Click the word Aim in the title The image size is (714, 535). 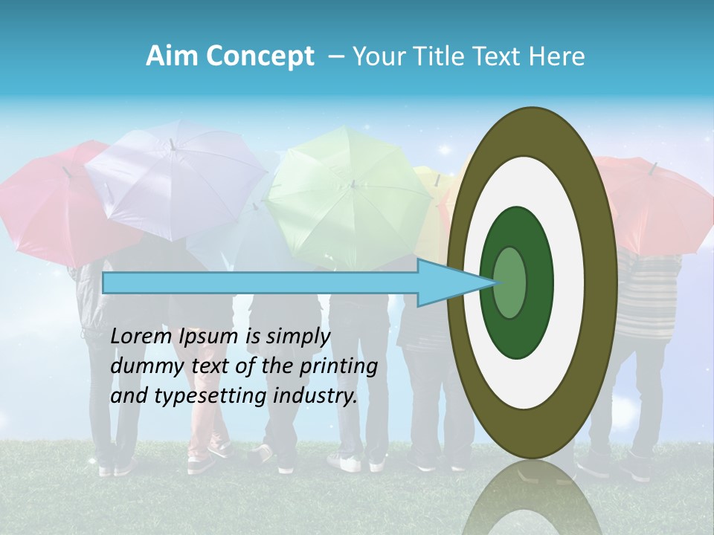(x=172, y=56)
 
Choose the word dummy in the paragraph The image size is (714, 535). (x=141, y=366)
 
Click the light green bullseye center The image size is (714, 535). (x=510, y=282)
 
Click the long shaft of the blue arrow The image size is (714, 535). (x=260, y=283)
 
